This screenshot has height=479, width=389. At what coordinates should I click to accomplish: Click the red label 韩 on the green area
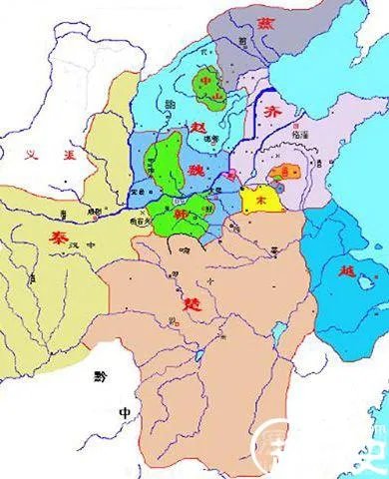coord(181,213)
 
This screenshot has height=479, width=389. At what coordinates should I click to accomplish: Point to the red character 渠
coord(69,154)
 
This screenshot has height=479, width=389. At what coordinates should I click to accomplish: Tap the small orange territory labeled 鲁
coord(291,172)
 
